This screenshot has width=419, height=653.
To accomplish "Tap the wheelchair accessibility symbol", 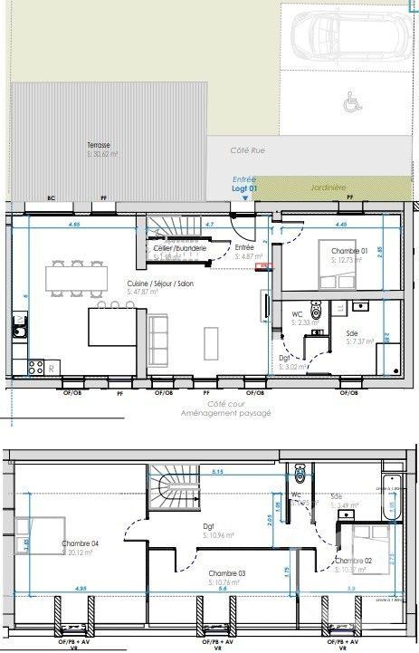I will (348, 104).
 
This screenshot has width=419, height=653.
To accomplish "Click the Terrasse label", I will (99, 145).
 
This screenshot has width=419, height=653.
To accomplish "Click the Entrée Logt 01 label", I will (244, 184).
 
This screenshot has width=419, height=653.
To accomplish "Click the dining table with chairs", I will (76, 277).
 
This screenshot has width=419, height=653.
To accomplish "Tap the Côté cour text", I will (226, 404).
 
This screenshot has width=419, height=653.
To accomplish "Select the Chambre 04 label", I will (80, 543).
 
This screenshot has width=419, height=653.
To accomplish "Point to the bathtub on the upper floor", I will (391, 498).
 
